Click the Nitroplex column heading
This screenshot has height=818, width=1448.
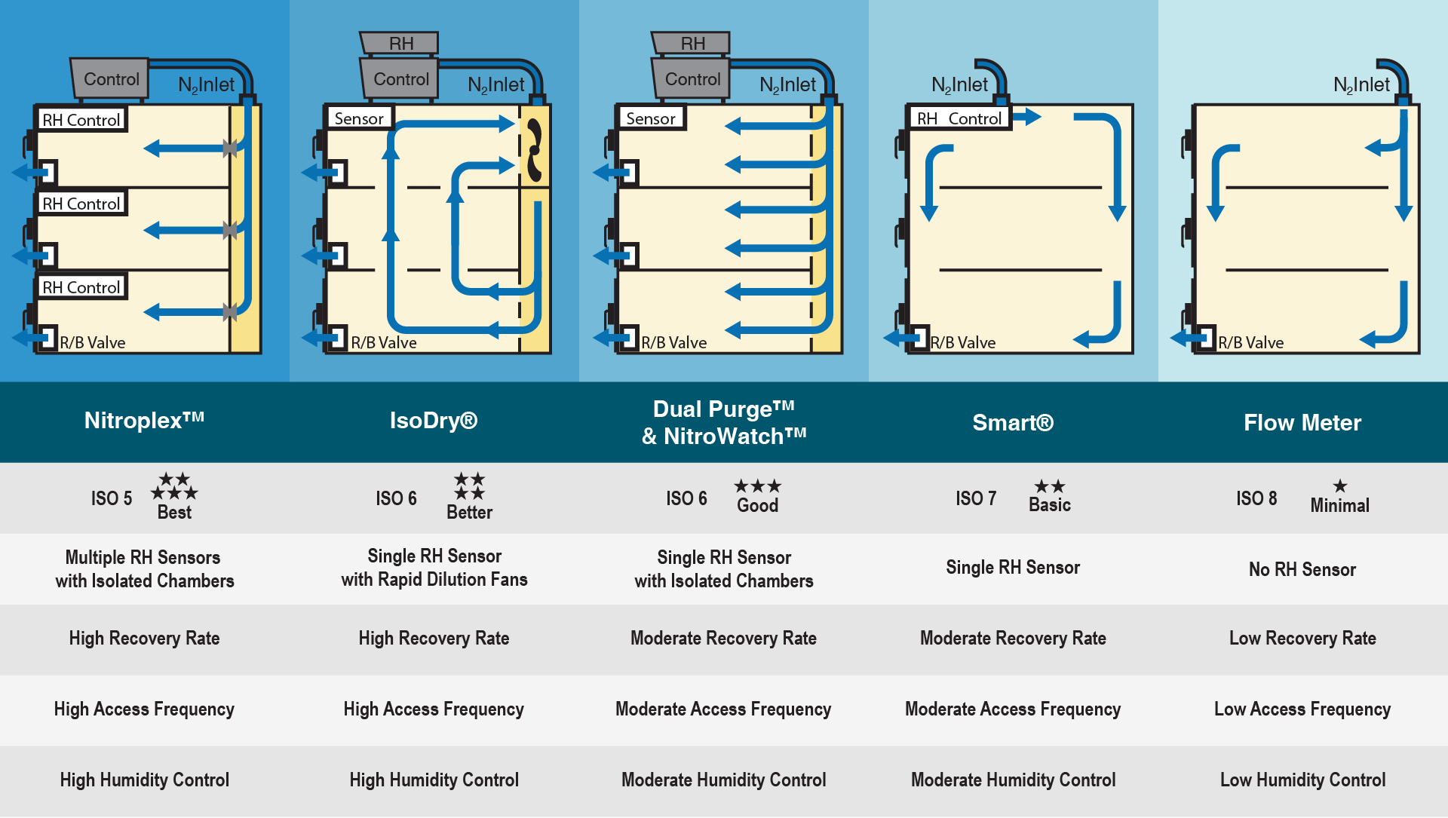click(144, 421)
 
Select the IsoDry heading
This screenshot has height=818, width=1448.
click(434, 421)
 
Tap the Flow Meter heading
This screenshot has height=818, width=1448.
click(1302, 423)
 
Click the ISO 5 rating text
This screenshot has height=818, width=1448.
click(112, 498)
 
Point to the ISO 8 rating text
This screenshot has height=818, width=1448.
click(1256, 498)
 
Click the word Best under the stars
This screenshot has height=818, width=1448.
click(174, 513)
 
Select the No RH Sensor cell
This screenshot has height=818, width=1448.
click(1302, 570)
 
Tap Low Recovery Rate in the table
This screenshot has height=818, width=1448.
click(1302, 639)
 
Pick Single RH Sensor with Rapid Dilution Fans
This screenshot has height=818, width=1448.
click(434, 568)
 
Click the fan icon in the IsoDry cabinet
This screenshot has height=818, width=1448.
click(535, 150)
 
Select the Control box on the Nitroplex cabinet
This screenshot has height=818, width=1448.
click(111, 79)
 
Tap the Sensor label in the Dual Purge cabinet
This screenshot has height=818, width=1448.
click(651, 118)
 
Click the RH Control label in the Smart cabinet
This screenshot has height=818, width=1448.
click(959, 118)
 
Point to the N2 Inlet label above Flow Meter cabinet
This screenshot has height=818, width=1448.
click(1361, 85)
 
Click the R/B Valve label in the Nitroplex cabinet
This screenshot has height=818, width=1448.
click(93, 342)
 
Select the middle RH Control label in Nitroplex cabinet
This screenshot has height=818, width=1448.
click(81, 204)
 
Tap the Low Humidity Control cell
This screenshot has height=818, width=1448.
click(1302, 780)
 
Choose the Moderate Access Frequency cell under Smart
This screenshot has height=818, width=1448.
click(1013, 709)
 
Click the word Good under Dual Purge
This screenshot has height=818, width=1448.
click(757, 506)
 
